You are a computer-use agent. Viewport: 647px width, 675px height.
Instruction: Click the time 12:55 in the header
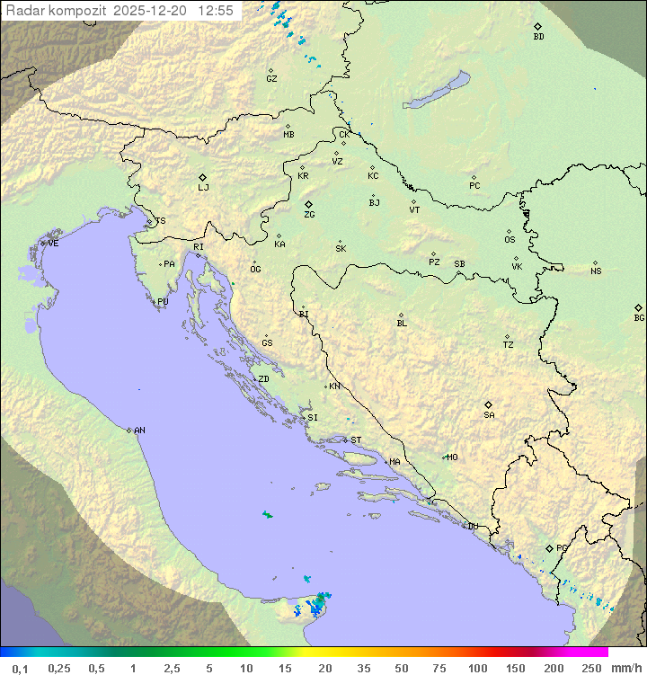[x=216, y=11]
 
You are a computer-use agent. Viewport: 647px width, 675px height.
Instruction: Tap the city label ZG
[x=309, y=215]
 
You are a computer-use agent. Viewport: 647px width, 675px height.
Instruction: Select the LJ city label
[x=203, y=188]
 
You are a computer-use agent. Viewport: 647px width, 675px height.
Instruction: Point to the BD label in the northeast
[x=538, y=37]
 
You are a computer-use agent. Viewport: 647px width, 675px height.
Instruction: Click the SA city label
[x=489, y=414]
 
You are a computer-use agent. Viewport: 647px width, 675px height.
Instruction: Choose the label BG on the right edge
[x=639, y=317]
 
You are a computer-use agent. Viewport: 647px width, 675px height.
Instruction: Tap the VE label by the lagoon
[x=53, y=244]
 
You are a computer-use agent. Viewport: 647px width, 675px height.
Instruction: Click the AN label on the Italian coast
[x=139, y=431]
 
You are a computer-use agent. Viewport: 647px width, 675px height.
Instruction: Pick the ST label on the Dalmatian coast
[x=356, y=440]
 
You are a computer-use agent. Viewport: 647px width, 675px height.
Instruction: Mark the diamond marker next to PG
[x=549, y=547]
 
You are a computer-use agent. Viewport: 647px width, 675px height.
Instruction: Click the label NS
[x=596, y=271]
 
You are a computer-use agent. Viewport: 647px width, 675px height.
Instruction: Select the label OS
[x=510, y=240]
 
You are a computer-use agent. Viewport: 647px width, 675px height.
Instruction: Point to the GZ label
[x=271, y=79]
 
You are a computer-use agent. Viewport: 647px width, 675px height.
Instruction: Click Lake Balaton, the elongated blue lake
[x=436, y=91]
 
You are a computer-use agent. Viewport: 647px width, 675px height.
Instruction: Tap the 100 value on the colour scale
[x=477, y=668]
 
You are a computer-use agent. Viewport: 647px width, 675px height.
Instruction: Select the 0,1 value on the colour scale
[x=20, y=668]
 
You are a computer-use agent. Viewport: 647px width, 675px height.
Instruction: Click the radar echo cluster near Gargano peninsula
[x=317, y=604]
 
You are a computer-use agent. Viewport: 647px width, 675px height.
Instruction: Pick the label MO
[x=452, y=457]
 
